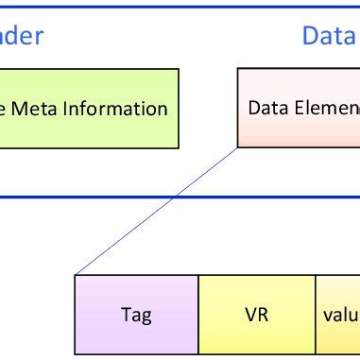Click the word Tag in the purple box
[x=135, y=314]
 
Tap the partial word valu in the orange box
[x=337, y=314]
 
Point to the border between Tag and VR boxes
[x=198, y=314]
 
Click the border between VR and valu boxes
[x=314, y=314]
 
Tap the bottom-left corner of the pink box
[x=238, y=147]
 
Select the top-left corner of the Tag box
[x=75, y=275]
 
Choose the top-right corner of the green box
[x=180, y=69]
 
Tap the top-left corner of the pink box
[x=238, y=69]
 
